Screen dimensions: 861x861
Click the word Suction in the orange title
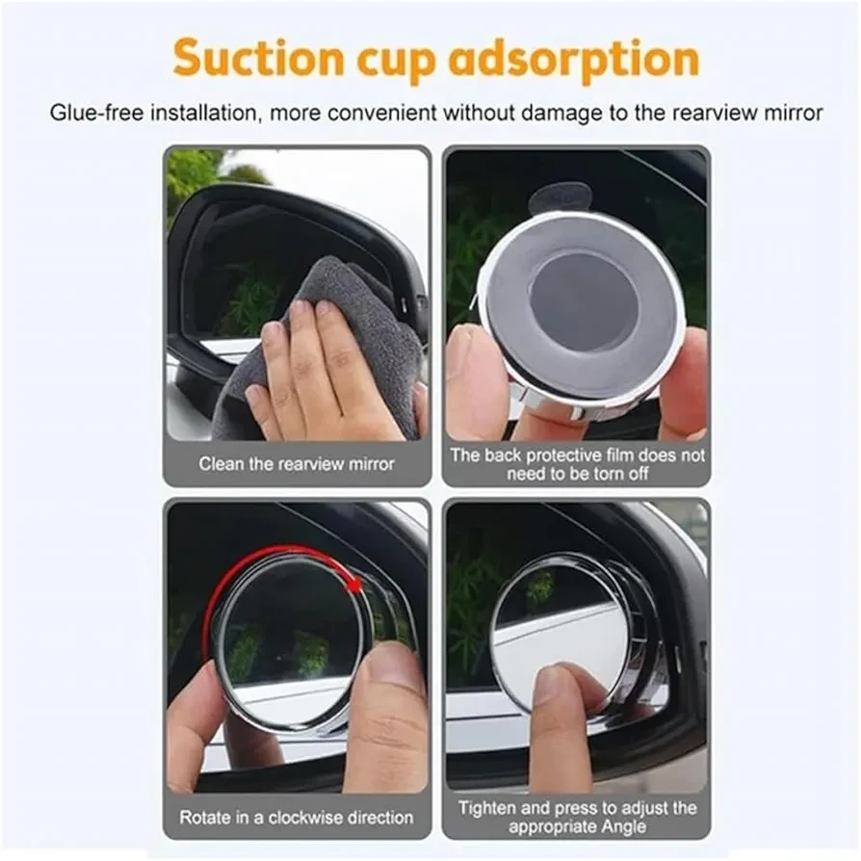258,58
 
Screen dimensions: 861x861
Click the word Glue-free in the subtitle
96,113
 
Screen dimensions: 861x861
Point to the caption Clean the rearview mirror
297,464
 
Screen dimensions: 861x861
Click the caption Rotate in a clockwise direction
297,818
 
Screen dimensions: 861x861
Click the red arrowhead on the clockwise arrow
355,586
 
